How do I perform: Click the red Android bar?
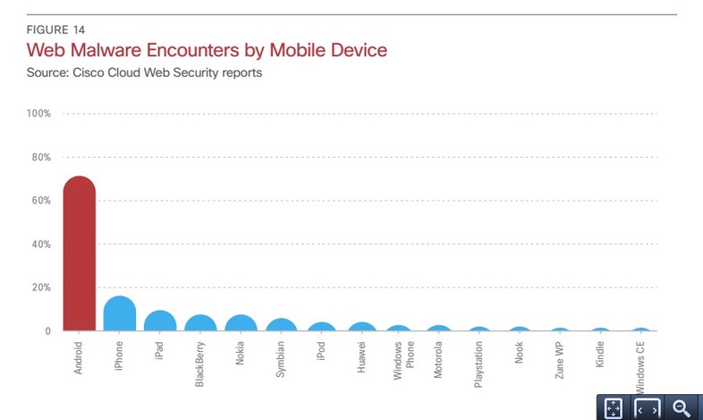pos(80,255)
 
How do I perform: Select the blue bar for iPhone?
pos(119,314)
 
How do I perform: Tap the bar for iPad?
pos(160,321)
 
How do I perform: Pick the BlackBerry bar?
pos(200,323)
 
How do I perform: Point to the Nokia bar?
pos(241,323)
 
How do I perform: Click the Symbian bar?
pos(281,325)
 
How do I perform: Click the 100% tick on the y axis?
pos(38,114)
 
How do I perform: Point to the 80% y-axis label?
pos(40,157)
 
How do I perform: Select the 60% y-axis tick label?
pos(40,201)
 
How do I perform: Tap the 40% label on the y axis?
pos(40,244)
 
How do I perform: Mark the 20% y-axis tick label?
pos(40,287)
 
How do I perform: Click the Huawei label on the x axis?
pos(361,356)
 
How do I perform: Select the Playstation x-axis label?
pos(479,363)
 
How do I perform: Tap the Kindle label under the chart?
pos(600,355)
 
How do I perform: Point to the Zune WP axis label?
pos(560,358)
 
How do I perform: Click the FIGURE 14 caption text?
pos(56,30)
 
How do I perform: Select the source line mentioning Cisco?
pos(144,73)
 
